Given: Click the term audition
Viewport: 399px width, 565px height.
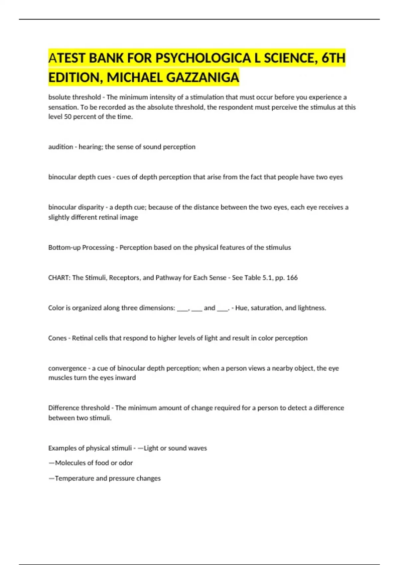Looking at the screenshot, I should tap(61, 147).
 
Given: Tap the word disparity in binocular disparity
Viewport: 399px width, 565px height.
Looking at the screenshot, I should tap(91, 207).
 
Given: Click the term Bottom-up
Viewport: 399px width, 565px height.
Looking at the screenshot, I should tap(64, 248).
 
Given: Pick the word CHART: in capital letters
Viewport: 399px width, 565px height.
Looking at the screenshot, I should tap(59, 278).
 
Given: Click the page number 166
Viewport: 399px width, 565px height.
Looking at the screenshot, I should tap(292, 278).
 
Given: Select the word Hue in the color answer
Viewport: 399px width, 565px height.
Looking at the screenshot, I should tap(241, 308).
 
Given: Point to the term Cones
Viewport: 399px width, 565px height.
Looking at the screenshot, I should tap(57, 338).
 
